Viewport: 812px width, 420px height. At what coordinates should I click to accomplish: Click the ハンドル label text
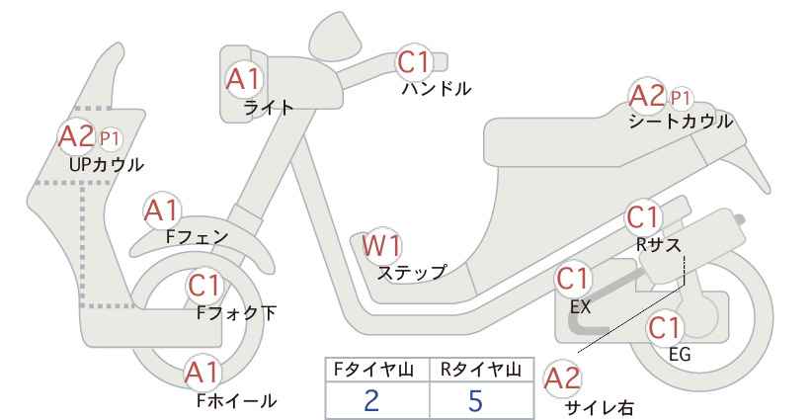pyautogui.click(x=437, y=89)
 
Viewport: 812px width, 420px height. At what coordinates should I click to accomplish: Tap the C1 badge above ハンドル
pyautogui.click(x=414, y=61)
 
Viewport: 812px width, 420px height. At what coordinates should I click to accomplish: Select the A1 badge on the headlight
pyautogui.click(x=243, y=79)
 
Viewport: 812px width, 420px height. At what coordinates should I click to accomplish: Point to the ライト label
pyautogui.click(x=269, y=108)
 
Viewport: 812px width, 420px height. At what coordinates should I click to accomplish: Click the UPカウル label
pyautogui.click(x=106, y=165)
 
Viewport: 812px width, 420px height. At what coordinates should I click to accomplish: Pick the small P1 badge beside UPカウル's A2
pyautogui.click(x=110, y=138)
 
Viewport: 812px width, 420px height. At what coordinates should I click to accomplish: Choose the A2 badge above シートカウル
pyautogui.click(x=647, y=96)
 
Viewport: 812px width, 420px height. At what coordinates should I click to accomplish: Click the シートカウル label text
pyautogui.click(x=681, y=122)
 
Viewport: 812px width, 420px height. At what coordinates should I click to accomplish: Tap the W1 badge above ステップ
pyautogui.click(x=381, y=245)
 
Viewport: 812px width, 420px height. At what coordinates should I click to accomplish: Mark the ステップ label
pyautogui.click(x=411, y=273)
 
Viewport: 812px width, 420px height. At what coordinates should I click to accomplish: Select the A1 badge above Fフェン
pyautogui.click(x=162, y=210)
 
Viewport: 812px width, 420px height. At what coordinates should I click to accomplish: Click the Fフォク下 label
pyautogui.click(x=237, y=313)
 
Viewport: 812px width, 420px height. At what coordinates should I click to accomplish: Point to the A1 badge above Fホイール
pyautogui.click(x=203, y=374)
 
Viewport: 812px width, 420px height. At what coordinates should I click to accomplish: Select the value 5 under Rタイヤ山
pyautogui.click(x=475, y=400)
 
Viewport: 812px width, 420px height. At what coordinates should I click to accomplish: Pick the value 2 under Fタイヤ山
pyautogui.click(x=371, y=400)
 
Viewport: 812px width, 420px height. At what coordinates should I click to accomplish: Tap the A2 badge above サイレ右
pyautogui.click(x=562, y=379)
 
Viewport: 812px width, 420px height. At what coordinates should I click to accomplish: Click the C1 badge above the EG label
pyautogui.click(x=665, y=328)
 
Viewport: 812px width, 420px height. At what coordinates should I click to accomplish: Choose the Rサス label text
pyautogui.click(x=658, y=244)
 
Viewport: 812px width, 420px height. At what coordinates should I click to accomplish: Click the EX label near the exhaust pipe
pyautogui.click(x=580, y=306)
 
